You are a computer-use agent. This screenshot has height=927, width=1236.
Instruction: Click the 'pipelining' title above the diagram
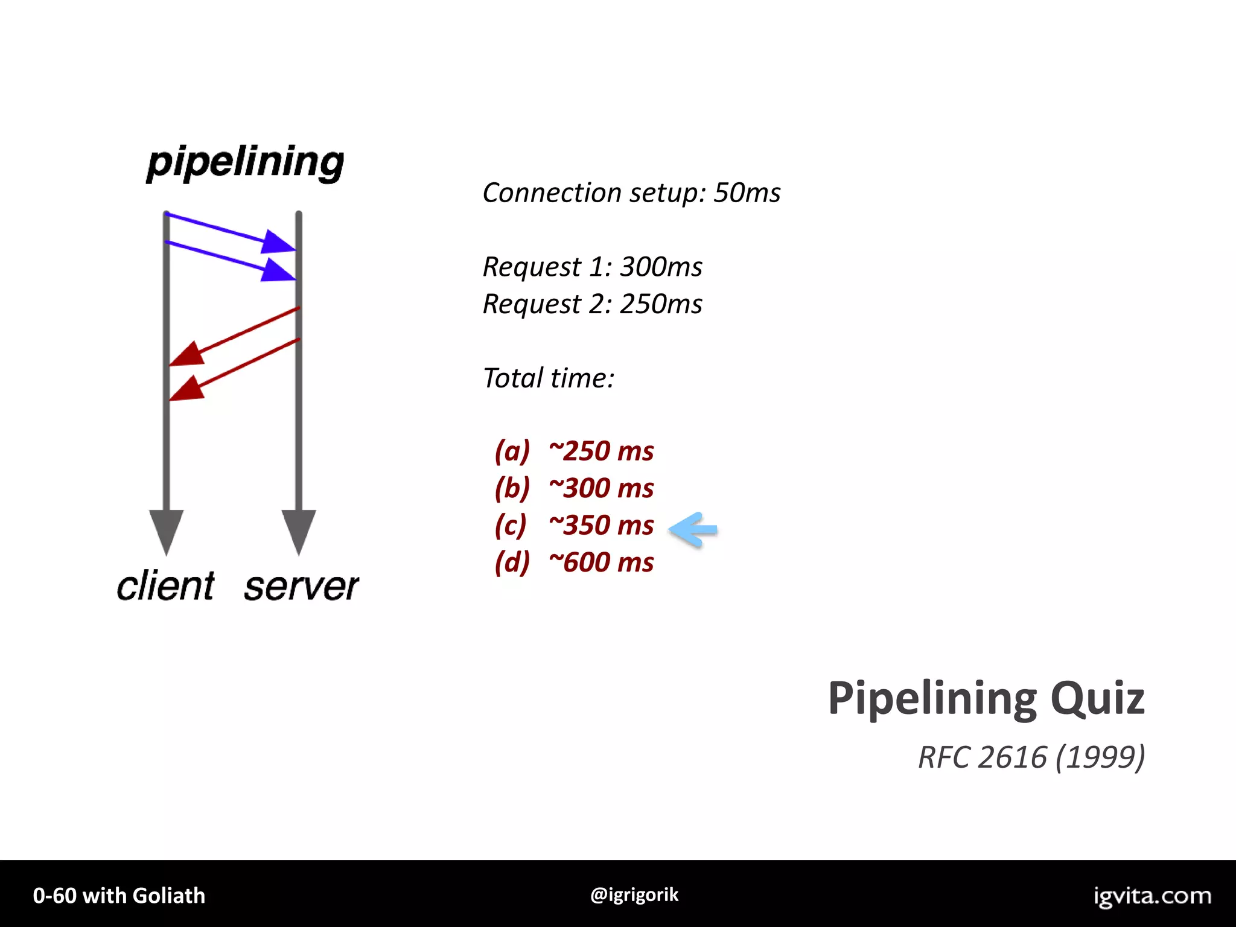point(245,162)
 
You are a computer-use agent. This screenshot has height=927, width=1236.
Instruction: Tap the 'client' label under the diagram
point(165,586)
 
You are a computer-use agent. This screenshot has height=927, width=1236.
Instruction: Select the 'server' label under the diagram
point(301,586)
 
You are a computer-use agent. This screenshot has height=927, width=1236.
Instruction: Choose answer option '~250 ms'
point(601,451)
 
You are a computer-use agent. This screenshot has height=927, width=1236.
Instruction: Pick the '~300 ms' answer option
point(601,488)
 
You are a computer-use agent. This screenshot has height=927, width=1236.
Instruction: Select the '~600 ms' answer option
point(601,562)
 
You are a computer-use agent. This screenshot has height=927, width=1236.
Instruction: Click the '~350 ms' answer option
point(601,525)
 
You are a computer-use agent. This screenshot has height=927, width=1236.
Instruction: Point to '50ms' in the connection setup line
point(747,193)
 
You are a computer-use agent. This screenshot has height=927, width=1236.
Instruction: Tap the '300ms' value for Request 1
point(661,267)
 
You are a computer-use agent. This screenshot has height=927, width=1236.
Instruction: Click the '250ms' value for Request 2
point(661,304)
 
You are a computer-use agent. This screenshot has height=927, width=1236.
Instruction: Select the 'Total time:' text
point(549,378)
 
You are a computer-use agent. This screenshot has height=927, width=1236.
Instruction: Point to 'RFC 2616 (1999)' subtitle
point(1031,757)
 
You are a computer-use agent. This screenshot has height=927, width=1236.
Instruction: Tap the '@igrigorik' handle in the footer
point(634,894)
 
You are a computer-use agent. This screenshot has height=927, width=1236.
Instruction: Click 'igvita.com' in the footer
point(1152,896)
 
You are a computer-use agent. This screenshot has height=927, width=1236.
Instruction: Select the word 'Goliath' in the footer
point(169,896)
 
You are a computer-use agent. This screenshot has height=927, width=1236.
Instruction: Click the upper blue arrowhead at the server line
point(278,242)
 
